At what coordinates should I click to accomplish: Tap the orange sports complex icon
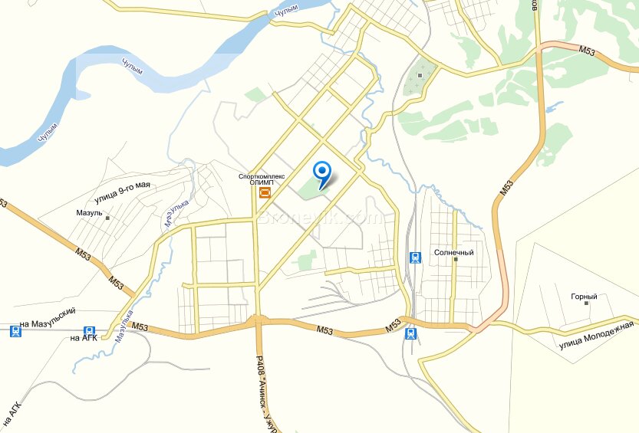point(265,192)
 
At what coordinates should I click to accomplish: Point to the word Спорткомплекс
point(262,175)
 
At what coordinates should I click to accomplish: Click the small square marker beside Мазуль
point(107,218)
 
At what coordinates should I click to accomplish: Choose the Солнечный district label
point(453,252)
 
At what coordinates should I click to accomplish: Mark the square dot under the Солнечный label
point(455,261)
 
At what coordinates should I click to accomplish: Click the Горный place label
point(584,297)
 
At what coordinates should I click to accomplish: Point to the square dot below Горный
point(587,303)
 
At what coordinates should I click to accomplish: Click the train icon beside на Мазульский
point(15,331)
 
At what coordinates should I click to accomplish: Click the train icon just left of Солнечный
point(414,258)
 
